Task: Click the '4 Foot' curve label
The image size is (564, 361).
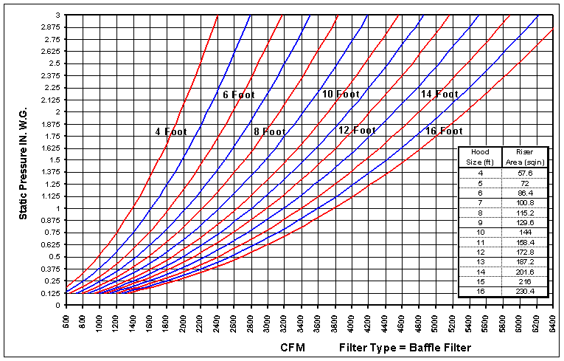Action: (170, 131)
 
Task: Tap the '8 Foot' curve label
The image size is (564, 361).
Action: (269, 131)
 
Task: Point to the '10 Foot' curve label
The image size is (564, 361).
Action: (340, 94)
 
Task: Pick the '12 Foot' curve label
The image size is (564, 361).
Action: (357, 130)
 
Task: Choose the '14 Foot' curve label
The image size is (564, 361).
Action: (439, 94)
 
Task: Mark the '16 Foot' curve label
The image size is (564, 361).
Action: (444, 131)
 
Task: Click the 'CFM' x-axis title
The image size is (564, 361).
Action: (293, 346)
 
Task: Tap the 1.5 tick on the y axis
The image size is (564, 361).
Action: (55, 159)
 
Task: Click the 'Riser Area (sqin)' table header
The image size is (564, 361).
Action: (525, 157)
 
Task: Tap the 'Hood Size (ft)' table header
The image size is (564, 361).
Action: (480, 157)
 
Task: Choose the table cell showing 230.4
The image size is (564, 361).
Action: (525, 292)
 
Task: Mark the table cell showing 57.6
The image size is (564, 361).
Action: (525, 172)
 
